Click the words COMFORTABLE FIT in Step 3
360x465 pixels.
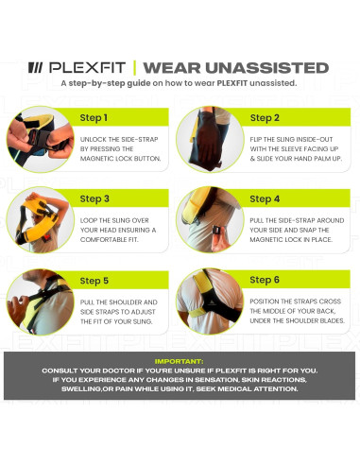pos(111,239)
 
